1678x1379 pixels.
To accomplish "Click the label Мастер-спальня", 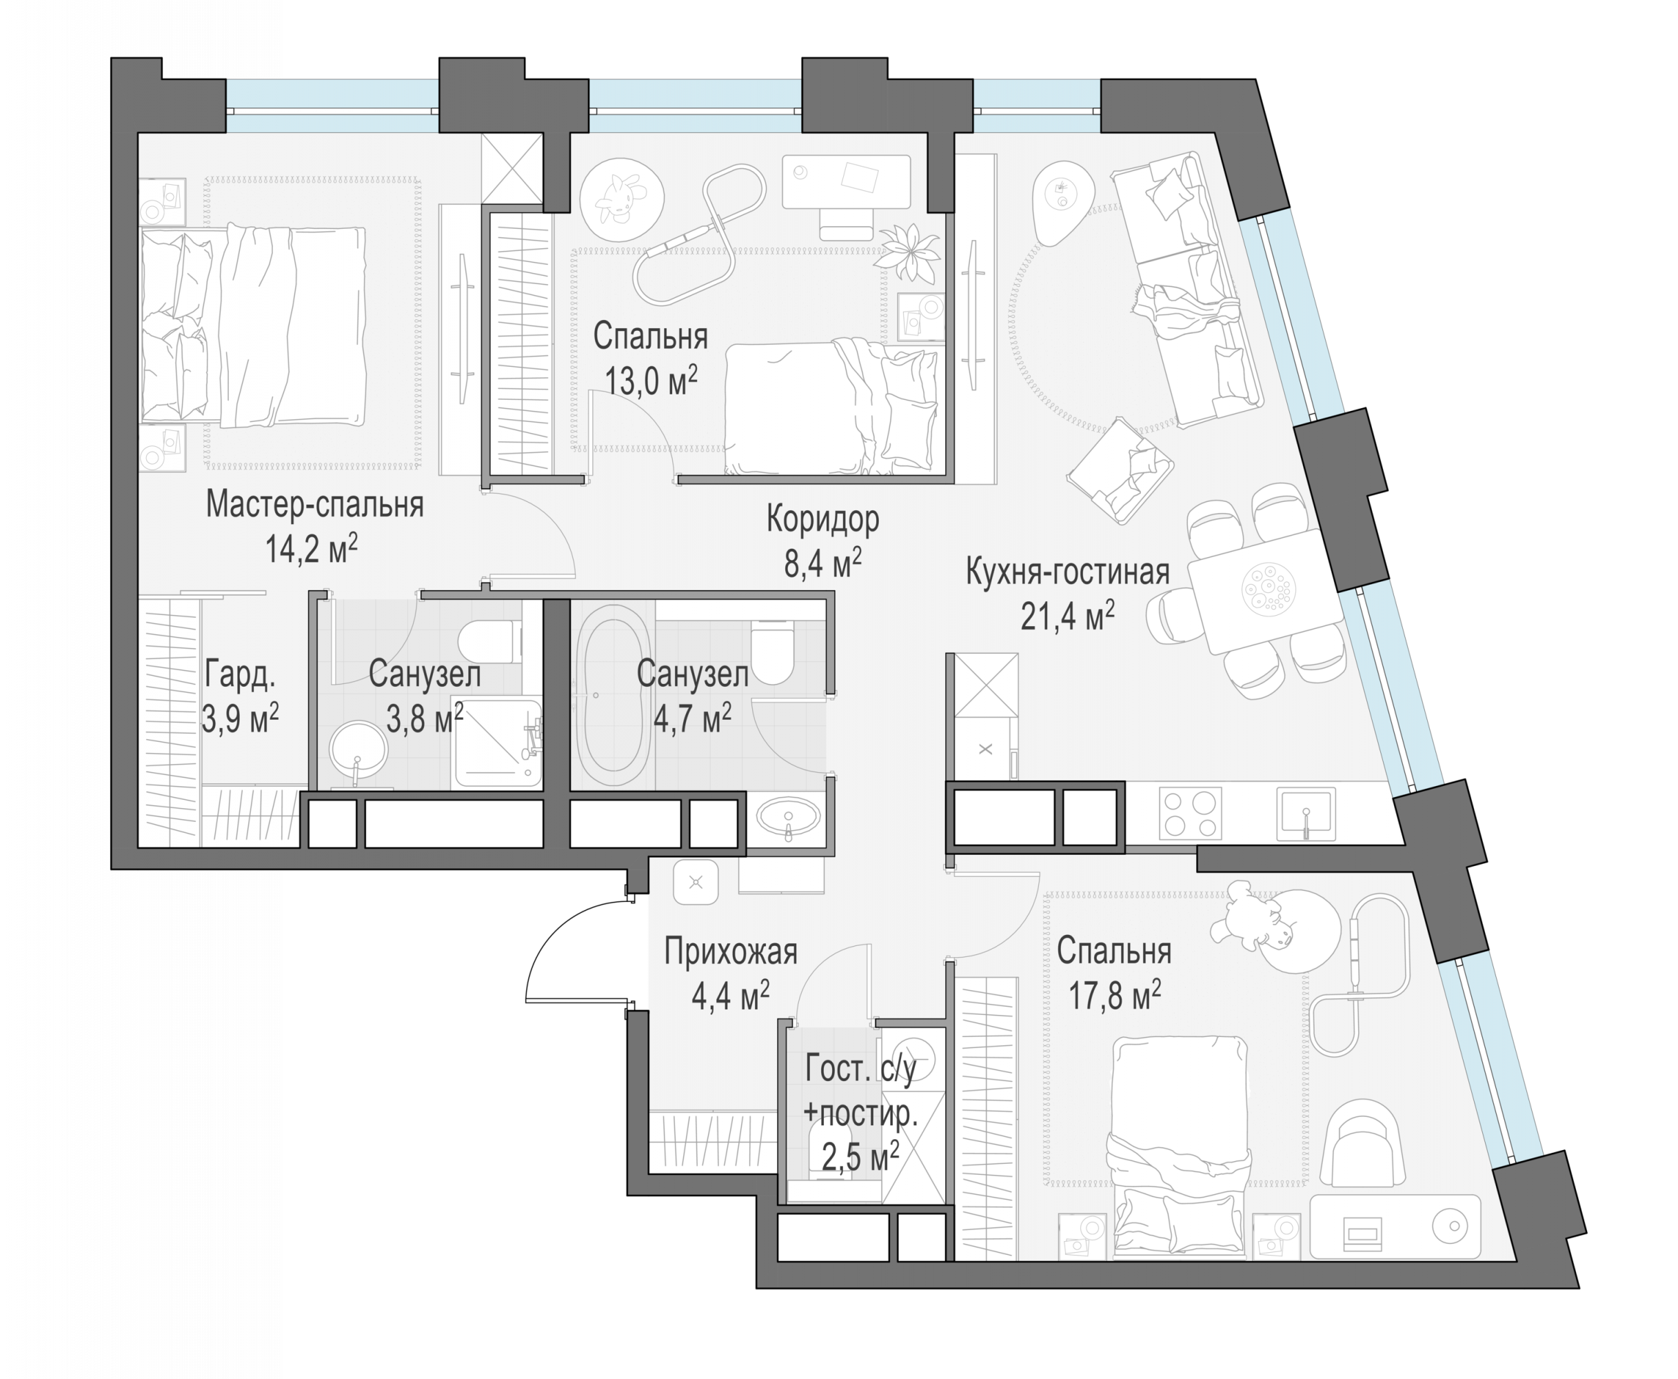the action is [314, 505].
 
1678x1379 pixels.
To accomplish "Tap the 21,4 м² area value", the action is [1067, 616].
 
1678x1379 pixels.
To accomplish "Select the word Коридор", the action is [822, 519].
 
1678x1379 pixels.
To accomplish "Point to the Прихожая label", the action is [731, 952].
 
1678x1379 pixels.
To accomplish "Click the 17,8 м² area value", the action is [1114, 996].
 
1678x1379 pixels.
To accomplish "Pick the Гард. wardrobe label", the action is [240, 675].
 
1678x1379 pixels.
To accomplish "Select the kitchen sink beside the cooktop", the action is [1306, 814].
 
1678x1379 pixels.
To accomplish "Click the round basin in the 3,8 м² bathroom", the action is [357, 752].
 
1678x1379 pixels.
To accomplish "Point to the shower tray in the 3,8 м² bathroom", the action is [496, 743].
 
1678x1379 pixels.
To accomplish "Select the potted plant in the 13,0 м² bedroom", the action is [908, 252].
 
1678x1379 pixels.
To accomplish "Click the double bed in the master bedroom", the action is [252, 325].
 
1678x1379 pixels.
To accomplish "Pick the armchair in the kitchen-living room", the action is [1120, 470].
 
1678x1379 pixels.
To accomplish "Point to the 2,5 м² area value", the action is [860, 1156].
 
